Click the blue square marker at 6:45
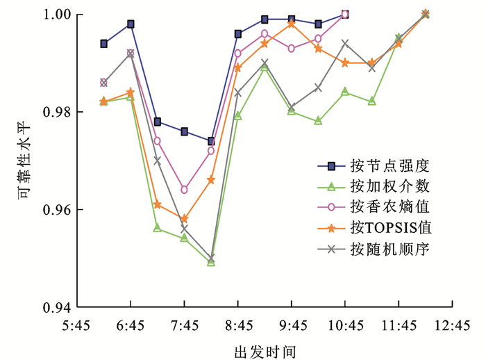[131, 24]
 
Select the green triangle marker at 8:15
[211, 263]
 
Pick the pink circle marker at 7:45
[184, 190]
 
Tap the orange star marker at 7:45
[184, 219]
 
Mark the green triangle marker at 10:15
[318, 121]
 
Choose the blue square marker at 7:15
[158, 122]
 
